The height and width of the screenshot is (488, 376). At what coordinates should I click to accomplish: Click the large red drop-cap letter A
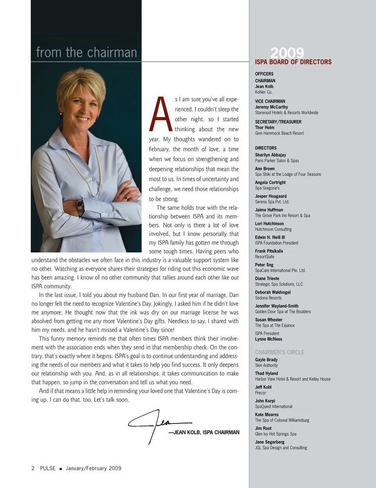pyautogui.click(x=160, y=114)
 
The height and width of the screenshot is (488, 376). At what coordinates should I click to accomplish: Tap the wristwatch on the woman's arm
pyautogui.click(x=80, y=206)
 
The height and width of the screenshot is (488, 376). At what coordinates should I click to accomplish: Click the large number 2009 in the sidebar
pyautogui.click(x=287, y=53)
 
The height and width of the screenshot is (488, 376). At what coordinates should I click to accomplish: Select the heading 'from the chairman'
pyautogui.click(x=87, y=52)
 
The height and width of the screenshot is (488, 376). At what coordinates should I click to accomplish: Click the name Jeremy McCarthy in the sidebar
pyautogui.click(x=271, y=107)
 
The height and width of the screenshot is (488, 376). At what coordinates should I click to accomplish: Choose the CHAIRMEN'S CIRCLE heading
pyautogui.click(x=280, y=352)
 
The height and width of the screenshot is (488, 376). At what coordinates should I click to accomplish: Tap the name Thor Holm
pyautogui.click(x=265, y=128)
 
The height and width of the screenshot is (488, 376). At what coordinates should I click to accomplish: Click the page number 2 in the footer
pyautogui.click(x=33, y=468)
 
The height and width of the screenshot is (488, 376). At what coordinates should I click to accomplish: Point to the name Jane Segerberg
pyautogui.click(x=270, y=442)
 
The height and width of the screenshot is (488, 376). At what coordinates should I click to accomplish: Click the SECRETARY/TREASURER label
pyautogui.click(x=278, y=122)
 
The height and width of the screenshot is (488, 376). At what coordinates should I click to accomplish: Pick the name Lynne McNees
pyautogui.click(x=269, y=339)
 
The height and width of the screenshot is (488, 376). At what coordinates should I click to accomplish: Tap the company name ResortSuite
pyautogui.click(x=265, y=257)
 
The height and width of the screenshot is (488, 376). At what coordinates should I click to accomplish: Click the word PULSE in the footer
pyautogui.click(x=48, y=468)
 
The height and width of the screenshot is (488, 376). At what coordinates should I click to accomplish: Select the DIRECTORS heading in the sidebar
pyautogui.click(x=266, y=148)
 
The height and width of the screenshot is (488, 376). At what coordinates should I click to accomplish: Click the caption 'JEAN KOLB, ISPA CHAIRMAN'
pyautogui.click(x=206, y=432)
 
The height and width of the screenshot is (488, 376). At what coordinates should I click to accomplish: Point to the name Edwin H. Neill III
pyautogui.click(x=270, y=237)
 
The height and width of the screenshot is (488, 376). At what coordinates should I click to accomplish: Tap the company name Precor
pyautogui.click(x=260, y=393)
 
